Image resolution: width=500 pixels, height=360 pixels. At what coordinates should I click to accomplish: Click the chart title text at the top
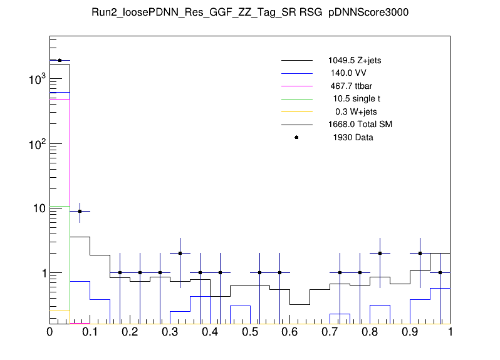(250, 13)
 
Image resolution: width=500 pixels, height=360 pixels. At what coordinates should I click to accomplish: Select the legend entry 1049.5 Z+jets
(354, 61)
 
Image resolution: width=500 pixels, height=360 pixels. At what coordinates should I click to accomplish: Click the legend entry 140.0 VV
(348, 73)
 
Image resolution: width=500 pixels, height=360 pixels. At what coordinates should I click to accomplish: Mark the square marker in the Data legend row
(296, 137)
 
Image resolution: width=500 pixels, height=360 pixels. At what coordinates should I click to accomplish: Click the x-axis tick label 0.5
(249, 332)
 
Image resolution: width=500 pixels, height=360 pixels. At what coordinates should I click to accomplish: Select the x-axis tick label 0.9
(410, 332)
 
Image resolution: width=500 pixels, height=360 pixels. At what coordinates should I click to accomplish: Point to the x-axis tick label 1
(450, 332)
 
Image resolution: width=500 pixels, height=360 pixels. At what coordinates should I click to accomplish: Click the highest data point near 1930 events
(60, 60)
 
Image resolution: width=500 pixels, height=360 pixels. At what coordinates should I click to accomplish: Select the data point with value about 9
(80, 211)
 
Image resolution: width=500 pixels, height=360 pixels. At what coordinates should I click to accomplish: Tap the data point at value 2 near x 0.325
(180, 253)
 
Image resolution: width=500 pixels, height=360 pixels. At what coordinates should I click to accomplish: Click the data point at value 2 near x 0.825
(380, 253)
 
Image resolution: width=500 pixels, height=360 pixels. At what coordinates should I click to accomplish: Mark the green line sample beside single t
(296, 99)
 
